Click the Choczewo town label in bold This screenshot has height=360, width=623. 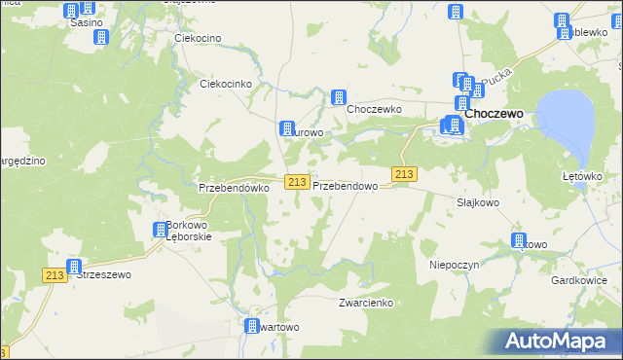click(495, 114)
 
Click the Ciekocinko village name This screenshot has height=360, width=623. click(226, 84)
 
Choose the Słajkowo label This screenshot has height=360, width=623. click(478, 202)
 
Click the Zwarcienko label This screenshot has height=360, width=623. click(365, 303)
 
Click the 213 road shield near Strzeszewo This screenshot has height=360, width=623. click(55, 275)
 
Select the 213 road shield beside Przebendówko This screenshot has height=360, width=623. click(298, 182)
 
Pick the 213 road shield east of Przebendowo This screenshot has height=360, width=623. click(405, 174)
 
